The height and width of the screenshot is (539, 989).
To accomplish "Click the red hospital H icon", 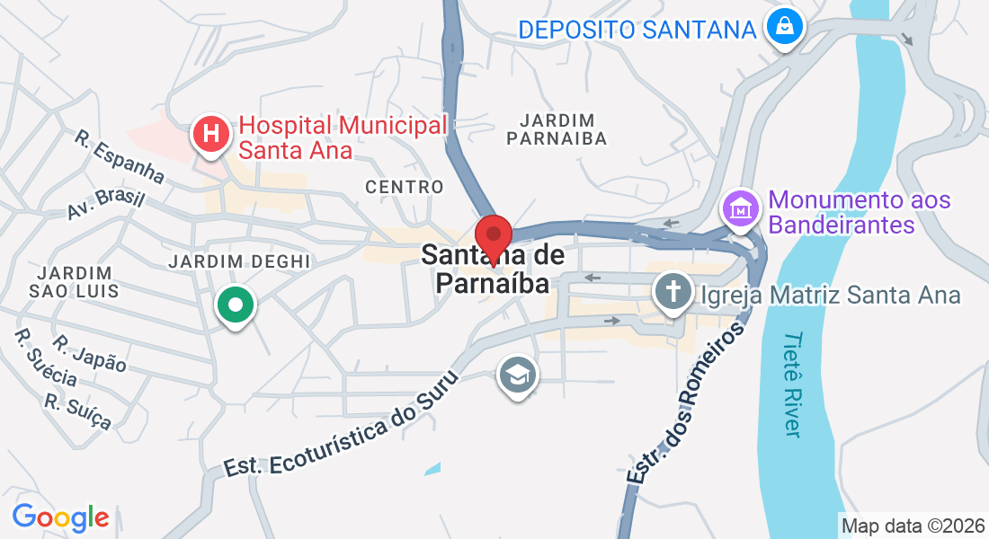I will (211, 135).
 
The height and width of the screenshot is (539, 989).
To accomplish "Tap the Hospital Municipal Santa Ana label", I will (343, 137).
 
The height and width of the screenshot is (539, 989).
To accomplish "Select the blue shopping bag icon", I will (786, 26).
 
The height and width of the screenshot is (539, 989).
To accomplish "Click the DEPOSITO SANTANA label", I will (637, 30).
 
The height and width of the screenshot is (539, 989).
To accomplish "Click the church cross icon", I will (672, 291).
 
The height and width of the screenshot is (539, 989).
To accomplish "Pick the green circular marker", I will (236, 305).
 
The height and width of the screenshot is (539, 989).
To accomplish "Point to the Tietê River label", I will (791, 384).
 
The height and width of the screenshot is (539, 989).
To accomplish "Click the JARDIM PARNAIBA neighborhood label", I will (557, 129).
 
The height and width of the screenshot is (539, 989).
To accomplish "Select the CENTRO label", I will (405, 187).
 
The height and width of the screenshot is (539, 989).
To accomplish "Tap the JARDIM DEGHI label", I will (239, 261).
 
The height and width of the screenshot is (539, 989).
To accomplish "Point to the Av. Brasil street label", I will (106, 204).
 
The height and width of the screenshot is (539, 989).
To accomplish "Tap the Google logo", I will (60, 517).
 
